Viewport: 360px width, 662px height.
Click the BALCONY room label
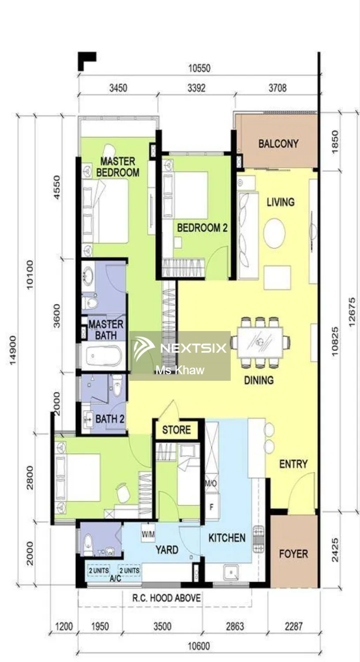coord(278,143)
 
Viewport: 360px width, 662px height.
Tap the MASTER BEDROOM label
coord(117,167)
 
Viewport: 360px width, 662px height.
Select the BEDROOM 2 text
coord(202,228)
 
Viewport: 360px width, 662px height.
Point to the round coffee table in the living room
coord(274,233)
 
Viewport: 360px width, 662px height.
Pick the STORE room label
coord(176,430)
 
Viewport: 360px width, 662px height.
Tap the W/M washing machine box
coord(148,534)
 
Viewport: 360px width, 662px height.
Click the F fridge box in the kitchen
coord(212,508)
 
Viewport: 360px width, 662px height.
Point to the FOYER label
coord(293,553)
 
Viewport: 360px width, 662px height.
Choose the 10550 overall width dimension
coord(199,68)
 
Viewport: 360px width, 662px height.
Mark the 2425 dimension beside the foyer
coord(335,549)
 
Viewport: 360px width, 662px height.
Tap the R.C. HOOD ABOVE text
coord(166,598)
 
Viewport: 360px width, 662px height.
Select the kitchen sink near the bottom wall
coord(231,573)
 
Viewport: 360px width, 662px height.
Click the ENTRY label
coord(293,464)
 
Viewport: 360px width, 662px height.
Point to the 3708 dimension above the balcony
coord(277,88)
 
